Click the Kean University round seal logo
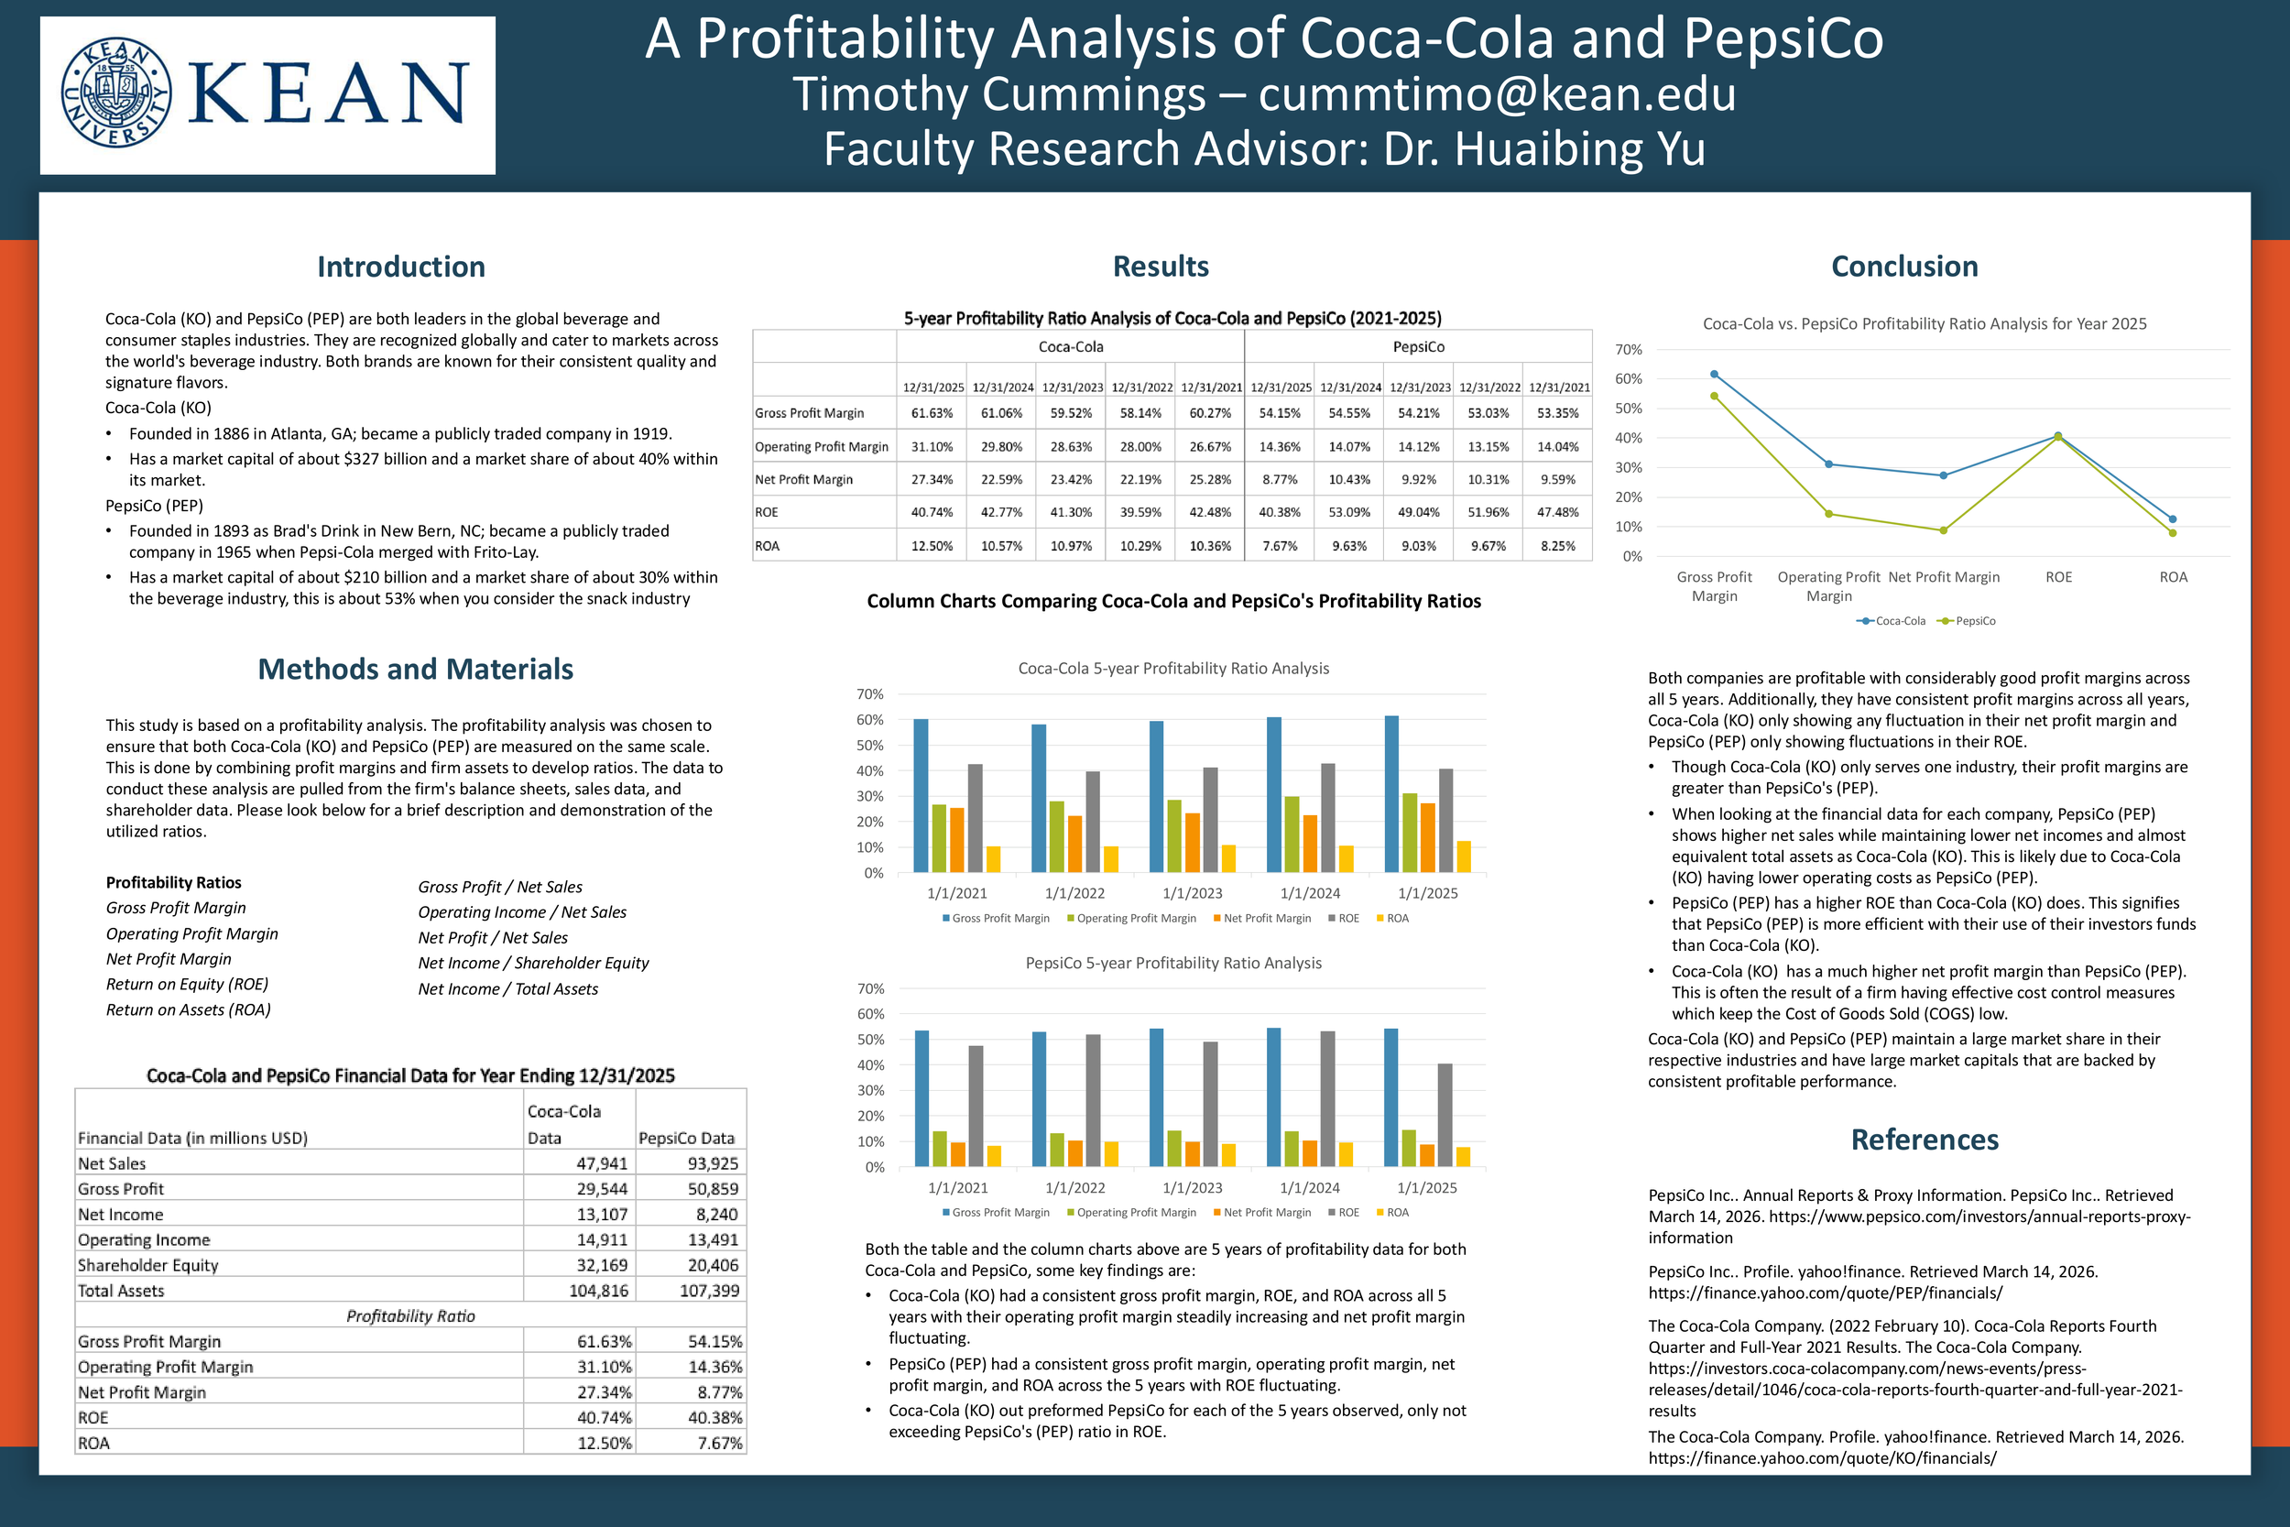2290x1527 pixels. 115,93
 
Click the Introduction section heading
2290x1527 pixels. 401,267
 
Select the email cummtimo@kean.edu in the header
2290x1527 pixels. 1497,94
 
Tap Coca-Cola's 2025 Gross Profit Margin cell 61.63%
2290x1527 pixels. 932,413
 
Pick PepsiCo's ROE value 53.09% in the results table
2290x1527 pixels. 1348,512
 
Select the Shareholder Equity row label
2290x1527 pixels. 148,1265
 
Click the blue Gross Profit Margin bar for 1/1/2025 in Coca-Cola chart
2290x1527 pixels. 1391,793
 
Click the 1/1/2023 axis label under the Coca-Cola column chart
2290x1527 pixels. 1192,893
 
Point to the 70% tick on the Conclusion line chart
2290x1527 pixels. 1628,350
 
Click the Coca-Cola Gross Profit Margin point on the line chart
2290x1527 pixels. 1714,375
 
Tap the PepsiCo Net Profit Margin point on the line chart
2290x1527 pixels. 1944,530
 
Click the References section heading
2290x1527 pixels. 1924,1140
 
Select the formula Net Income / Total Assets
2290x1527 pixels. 507,989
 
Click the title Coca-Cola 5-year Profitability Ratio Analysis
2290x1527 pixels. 1173,668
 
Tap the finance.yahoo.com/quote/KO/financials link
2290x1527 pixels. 1822,1458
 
